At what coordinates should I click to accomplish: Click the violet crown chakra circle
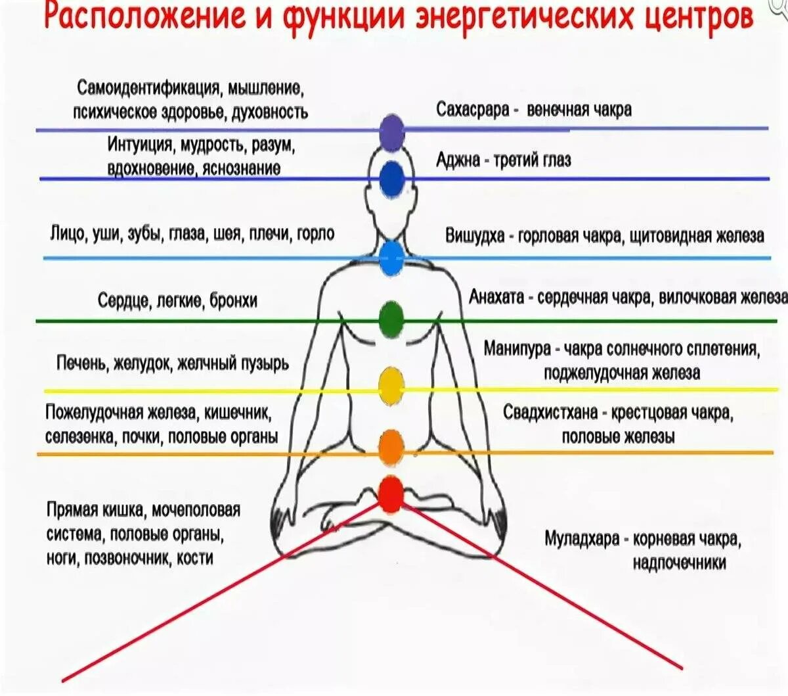(392, 131)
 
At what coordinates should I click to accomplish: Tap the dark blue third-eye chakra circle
(392, 178)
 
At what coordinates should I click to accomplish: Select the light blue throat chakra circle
(391, 258)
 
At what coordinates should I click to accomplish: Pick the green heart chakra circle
(391, 319)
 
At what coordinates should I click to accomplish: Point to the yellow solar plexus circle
(391, 386)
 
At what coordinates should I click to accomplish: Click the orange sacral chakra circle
(391, 447)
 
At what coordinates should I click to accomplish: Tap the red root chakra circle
(391, 494)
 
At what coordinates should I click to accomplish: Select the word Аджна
(458, 160)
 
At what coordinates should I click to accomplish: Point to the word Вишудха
(475, 235)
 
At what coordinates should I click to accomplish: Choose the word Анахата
(496, 297)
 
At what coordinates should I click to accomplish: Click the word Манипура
(517, 348)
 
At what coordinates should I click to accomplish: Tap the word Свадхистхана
(550, 413)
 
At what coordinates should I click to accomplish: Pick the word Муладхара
(582, 539)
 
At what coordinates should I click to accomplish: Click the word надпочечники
(679, 563)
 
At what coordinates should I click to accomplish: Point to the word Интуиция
(140, 145)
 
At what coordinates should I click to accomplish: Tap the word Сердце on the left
(125, 301)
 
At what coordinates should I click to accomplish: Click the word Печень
(81, 363)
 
